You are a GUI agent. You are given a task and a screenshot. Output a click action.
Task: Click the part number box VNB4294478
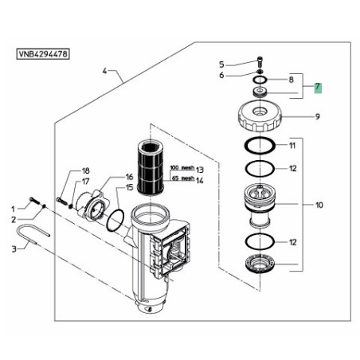pos(43,54)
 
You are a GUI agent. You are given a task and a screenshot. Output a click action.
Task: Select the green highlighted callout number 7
pos(318,88)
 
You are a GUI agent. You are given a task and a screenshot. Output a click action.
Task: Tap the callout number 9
pos(318,116)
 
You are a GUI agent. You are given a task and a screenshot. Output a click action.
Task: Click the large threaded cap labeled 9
pos(260,117)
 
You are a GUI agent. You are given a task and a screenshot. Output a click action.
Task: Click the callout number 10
pos(319,205)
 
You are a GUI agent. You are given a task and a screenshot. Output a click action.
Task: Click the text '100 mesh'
pos(182,168)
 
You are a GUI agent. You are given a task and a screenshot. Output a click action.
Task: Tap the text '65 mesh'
pos(183,178)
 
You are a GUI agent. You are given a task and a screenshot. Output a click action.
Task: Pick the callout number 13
pos(200,170)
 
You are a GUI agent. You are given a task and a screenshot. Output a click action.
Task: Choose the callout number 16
pos(129,177)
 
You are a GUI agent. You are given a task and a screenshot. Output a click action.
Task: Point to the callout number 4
pos(104,71)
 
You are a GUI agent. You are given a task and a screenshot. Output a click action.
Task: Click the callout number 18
pos(85,170)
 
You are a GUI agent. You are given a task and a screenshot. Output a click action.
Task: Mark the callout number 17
pos(85,182)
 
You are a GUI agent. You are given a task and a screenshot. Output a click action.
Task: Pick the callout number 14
pos(200,181)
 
